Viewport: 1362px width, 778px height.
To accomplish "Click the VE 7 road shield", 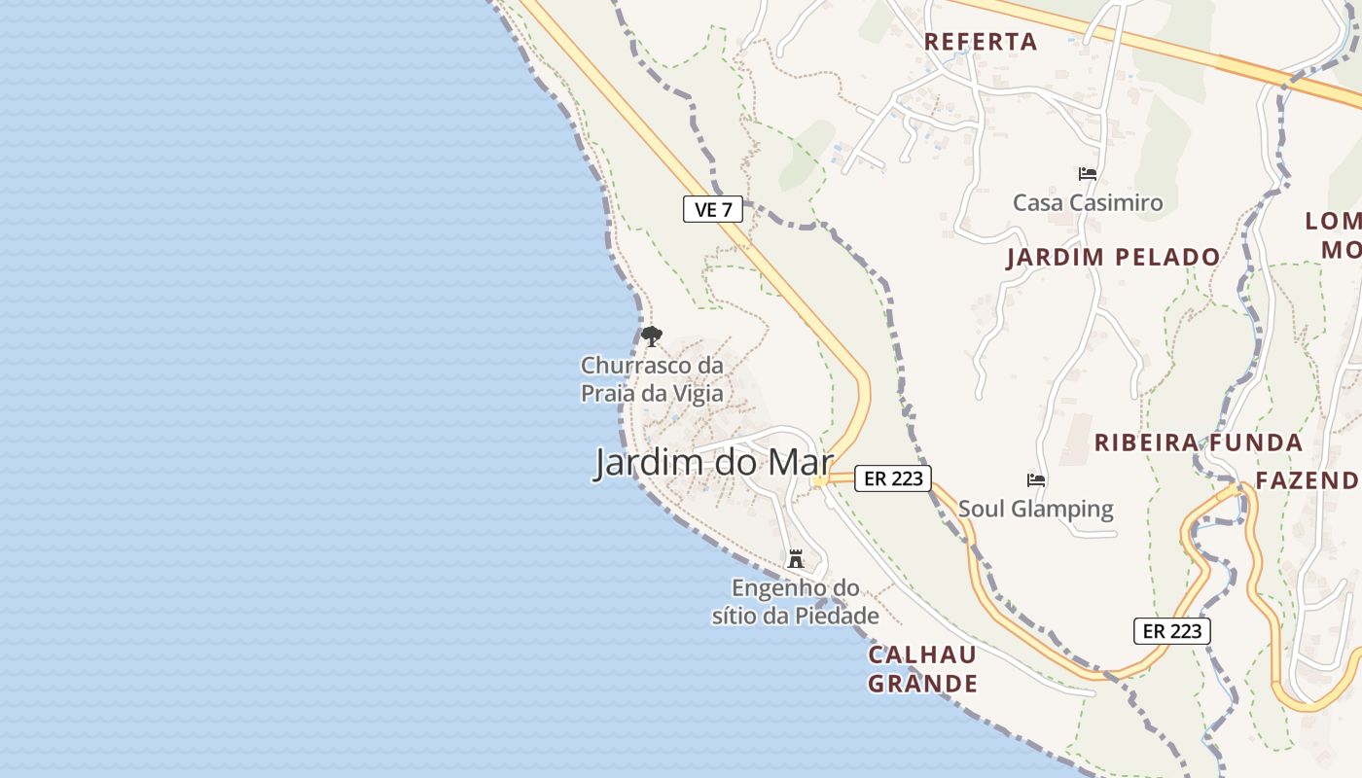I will pos(713,209).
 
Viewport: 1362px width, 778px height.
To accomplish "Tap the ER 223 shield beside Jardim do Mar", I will pos(893,477).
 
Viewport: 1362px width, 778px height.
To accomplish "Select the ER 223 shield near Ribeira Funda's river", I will pos(1171,631).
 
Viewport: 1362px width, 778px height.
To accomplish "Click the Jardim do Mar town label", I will pos(713,463).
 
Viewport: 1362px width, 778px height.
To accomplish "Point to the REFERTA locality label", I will pos(981,42).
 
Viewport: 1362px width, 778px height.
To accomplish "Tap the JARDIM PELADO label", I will pos(1113,258).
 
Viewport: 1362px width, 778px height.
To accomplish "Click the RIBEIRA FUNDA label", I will pos(1198,442).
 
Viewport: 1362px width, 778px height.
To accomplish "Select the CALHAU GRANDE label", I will pos(922,669).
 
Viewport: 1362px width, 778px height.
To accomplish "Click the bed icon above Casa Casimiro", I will pos(1088,174).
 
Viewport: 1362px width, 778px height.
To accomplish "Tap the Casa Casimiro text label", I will pos(1088,203).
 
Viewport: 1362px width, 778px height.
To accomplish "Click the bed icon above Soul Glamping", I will pos(1036,479).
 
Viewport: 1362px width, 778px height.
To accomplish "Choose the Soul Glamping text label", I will pos(1036,509).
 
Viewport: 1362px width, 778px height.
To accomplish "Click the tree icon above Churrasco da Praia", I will pos(652,337).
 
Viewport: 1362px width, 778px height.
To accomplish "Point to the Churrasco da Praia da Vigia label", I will pos(652,379).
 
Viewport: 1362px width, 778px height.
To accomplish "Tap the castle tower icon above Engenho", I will pos(796,559).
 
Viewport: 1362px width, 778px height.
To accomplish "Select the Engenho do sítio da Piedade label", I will pos(796,602).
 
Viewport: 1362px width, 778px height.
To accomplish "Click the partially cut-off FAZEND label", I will pos(1307,480).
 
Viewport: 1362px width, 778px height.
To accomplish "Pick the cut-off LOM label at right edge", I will pos(1333,221).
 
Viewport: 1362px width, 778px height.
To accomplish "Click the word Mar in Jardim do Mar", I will pos(800,463).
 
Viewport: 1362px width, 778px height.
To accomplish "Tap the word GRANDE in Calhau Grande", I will pos(922,684).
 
